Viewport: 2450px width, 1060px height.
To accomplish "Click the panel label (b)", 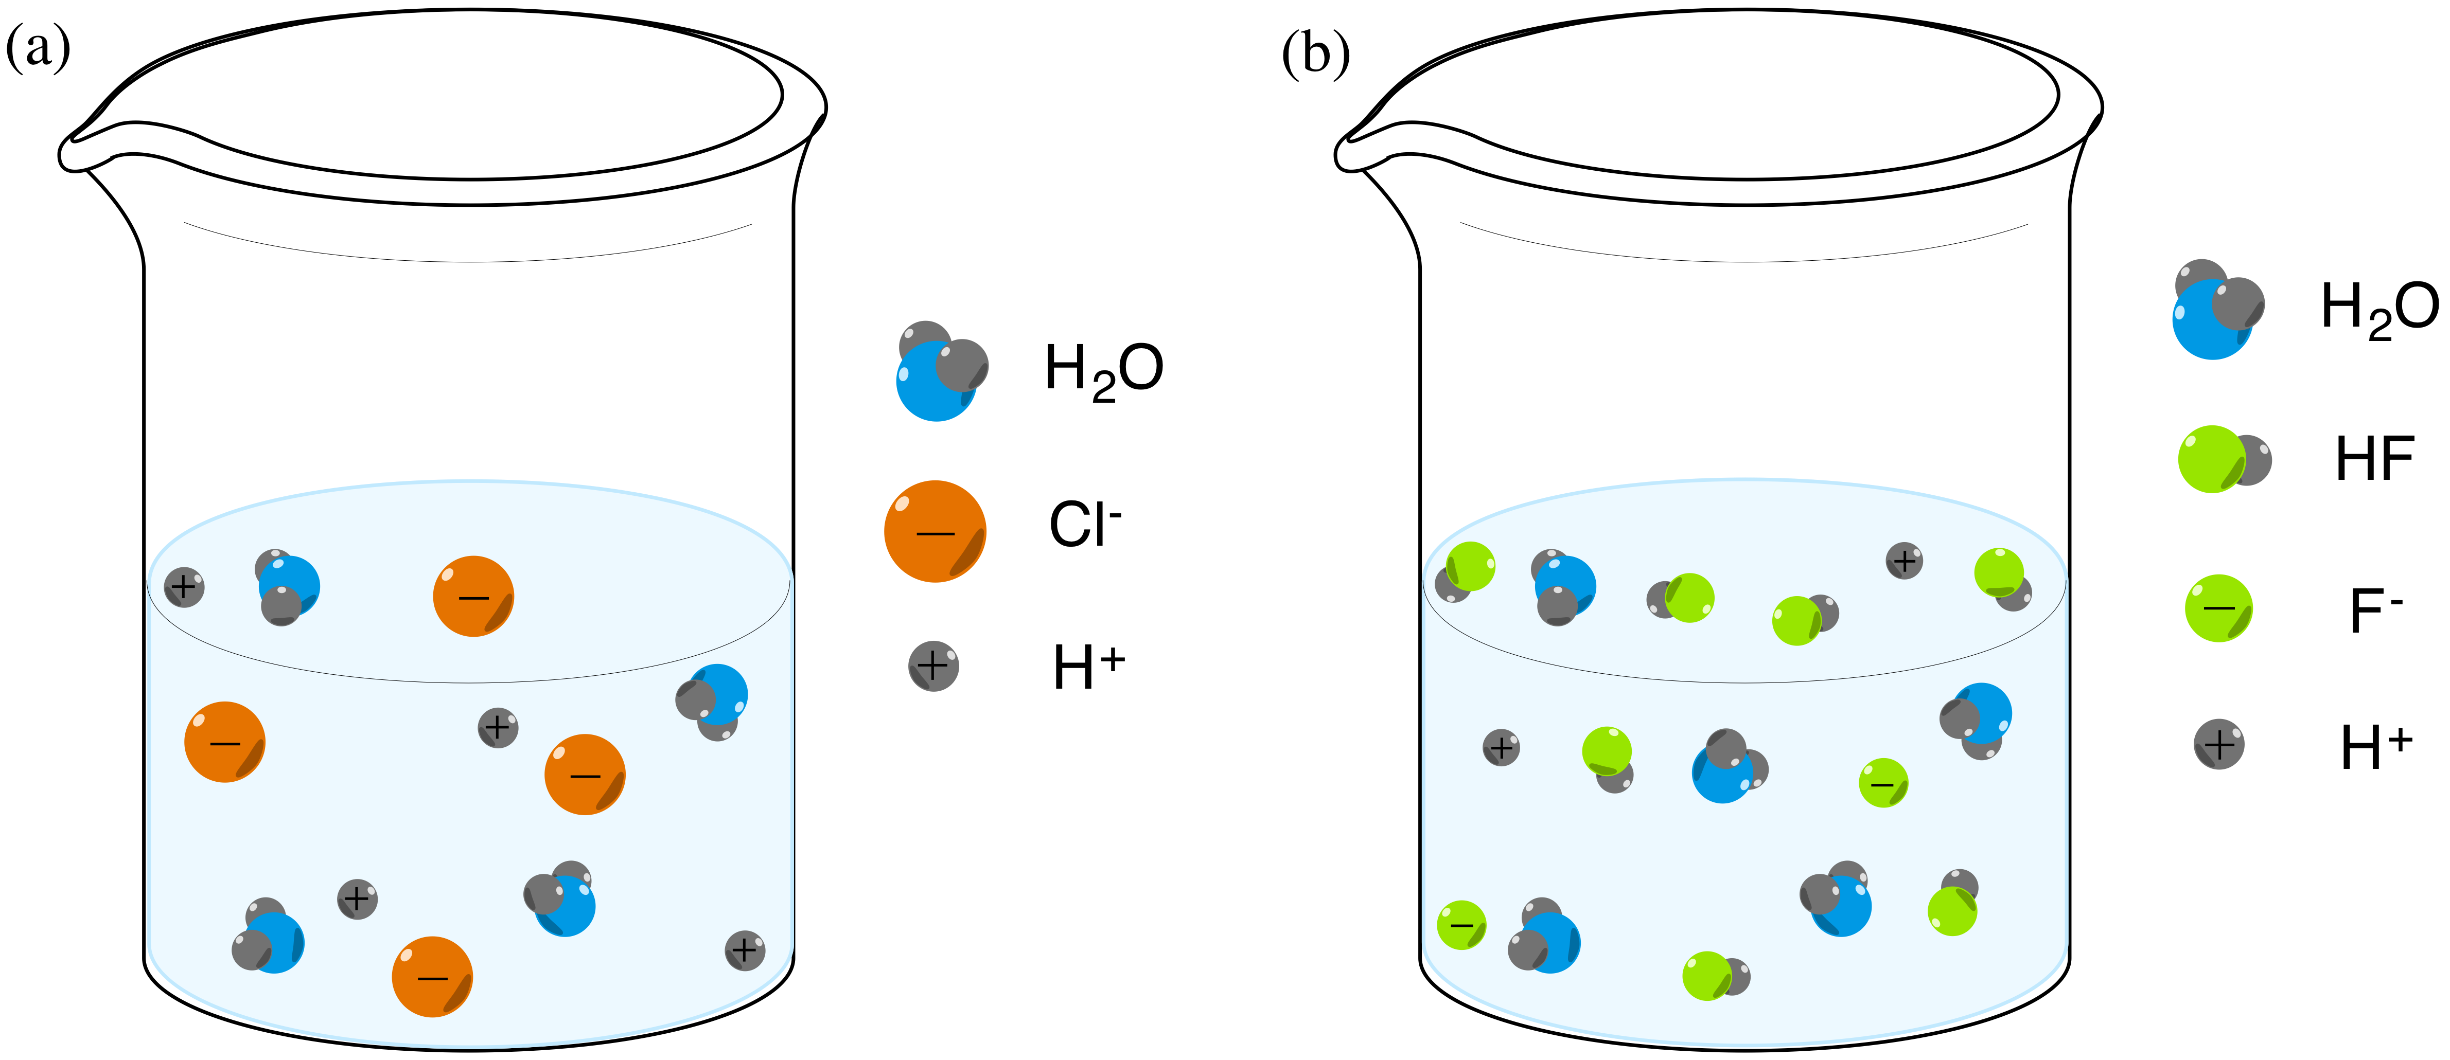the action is [1315, 53].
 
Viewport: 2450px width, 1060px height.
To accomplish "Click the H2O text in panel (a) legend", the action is [1103, 370].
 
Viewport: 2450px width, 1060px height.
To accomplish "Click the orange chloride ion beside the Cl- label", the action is [935, 531].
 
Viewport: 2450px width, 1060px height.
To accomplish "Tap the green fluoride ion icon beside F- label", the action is [2219, 608].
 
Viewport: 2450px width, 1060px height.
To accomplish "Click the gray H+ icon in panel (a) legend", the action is [934, 666].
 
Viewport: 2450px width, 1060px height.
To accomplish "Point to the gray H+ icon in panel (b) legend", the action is [2219, 744].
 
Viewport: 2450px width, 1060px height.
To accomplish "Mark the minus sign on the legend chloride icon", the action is [935, 533].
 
